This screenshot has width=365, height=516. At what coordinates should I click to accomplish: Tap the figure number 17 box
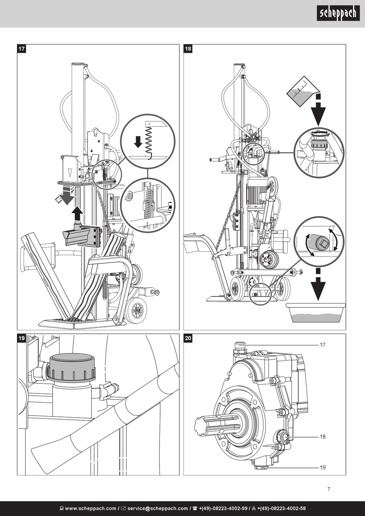[x=22, y=49]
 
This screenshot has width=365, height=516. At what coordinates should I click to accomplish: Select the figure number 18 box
[x=188, y=49]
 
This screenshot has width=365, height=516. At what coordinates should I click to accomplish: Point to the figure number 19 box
[x=22, y=338]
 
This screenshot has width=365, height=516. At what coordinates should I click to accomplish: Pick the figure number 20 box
[x=188, y=338]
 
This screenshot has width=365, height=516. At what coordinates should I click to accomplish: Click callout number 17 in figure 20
[x=322, y=345]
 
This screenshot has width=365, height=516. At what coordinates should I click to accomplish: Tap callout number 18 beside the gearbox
[x=322, y=436]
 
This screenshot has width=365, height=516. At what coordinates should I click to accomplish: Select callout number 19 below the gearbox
[x=322, y=467]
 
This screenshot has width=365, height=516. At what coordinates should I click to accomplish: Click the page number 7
[x=328, y=489]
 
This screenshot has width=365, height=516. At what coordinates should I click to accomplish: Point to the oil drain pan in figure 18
[x=315, y=313]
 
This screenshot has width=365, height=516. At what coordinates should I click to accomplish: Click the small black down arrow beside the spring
[x=138, y=142]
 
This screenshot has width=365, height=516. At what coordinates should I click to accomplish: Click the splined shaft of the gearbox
[x=215, y=425]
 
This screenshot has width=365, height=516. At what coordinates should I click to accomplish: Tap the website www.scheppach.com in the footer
[x=88, y=508]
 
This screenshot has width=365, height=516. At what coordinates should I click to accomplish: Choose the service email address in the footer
[x=158, y=508]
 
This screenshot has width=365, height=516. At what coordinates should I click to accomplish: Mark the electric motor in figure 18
[x=256, y=191]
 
